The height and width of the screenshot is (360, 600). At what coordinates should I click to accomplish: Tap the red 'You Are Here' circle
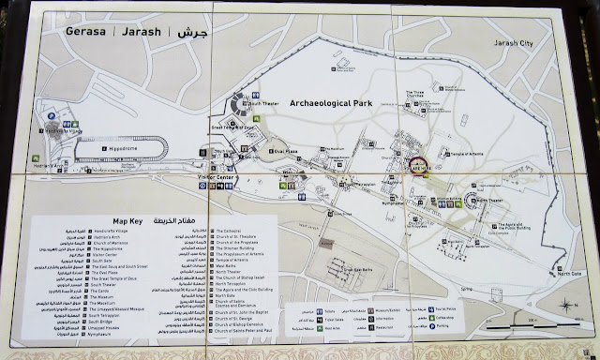418,166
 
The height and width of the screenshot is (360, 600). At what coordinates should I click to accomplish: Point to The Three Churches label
420,94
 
